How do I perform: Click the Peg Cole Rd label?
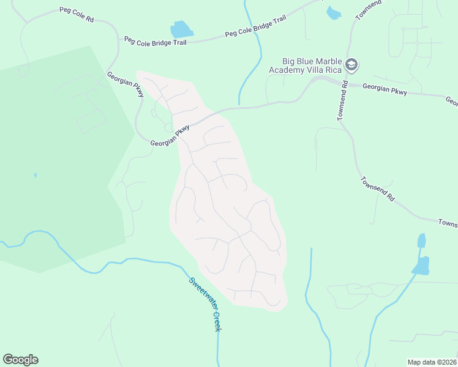click(x=77, y=15)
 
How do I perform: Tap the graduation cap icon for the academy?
click(x=351, y=64)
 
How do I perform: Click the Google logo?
click(x=20, y=360)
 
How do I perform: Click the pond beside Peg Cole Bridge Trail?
click(x=181, y=29)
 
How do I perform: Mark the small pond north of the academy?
click(x=333, y=13)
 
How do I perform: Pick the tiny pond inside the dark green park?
click(x=36, y=175)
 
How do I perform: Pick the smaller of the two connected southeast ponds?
click(x=421, y=240)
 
